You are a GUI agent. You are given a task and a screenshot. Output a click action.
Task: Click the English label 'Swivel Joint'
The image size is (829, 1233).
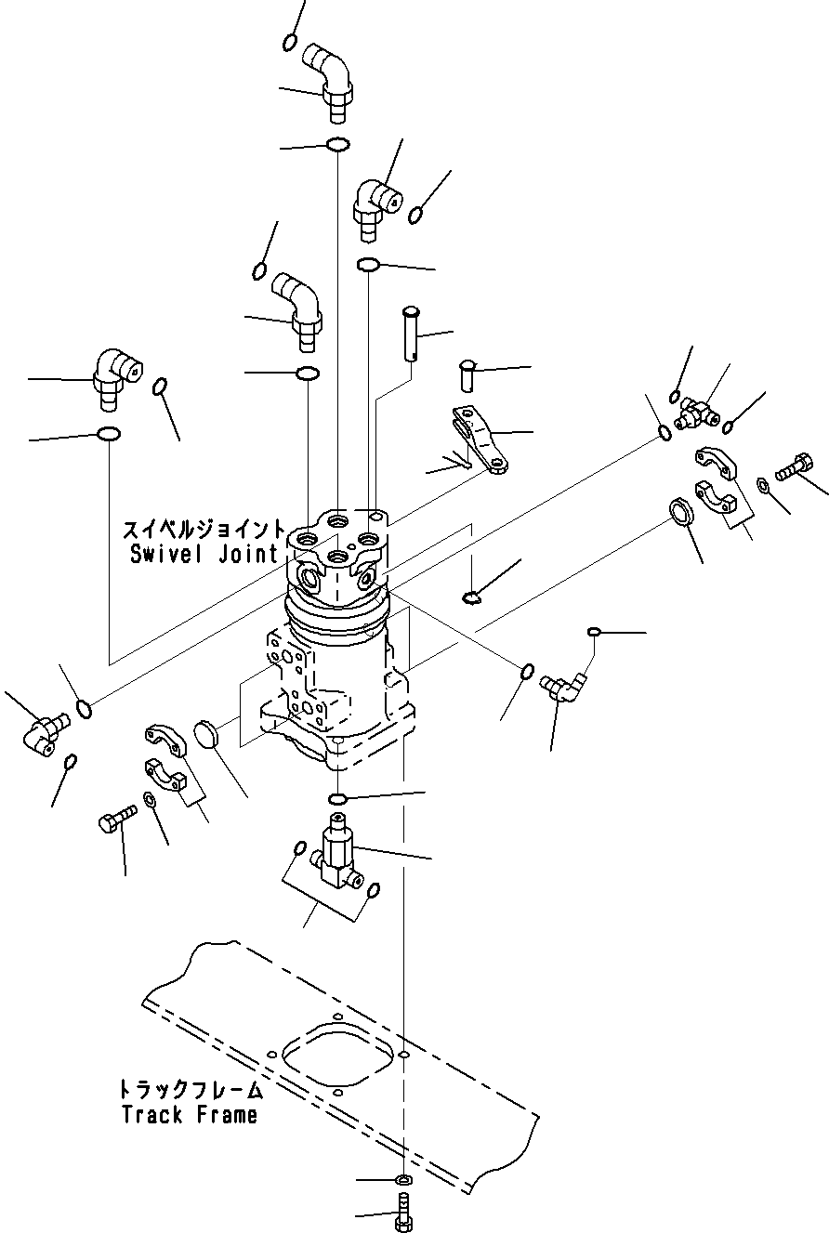204,555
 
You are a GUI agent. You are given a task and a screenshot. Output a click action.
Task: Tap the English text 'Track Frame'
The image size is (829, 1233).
189,1114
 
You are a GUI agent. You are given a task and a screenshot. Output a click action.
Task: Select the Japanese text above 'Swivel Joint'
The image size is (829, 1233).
204,531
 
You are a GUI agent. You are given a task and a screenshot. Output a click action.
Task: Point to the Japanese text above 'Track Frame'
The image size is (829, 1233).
190,1089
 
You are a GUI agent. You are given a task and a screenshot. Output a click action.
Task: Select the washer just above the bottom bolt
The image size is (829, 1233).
403,1180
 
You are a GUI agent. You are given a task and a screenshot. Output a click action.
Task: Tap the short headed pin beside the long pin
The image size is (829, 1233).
468,374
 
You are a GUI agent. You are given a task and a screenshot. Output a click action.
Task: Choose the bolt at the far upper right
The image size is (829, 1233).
791,466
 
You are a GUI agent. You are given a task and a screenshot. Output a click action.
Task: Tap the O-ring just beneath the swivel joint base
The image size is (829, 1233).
339,799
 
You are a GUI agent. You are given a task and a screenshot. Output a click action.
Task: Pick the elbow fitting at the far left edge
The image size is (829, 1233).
41,733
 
